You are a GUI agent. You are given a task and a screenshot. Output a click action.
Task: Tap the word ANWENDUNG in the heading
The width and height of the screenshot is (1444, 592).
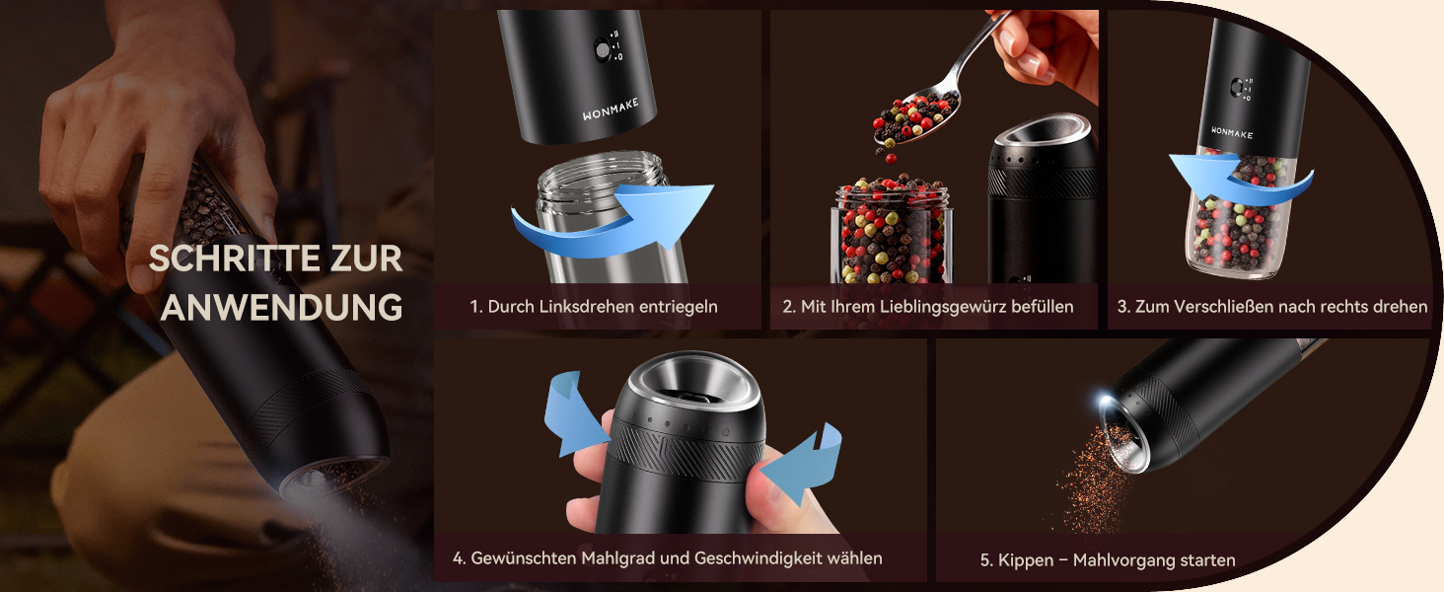tap(282, 307)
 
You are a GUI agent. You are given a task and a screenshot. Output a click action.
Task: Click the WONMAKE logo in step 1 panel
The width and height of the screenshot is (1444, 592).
tap(610, 110)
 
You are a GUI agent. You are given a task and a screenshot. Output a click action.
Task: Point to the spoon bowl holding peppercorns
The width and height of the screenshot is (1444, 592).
tap(916, 117)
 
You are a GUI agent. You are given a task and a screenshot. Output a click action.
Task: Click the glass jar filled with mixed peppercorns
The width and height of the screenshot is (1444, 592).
tap(893, 232)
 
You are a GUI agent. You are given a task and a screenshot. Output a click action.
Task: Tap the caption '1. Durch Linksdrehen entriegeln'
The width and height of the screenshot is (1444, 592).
tap(594, 306)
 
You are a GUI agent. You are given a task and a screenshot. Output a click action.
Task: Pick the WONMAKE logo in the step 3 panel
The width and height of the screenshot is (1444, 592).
tap(1232, 133)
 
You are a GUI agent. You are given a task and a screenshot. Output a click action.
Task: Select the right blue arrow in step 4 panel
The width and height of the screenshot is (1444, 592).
tap(803, 461)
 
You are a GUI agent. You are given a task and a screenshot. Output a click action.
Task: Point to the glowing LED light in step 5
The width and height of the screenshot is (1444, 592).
tap(1104, 402)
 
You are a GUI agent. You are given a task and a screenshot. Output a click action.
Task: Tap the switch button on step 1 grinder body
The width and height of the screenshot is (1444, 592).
tap(602, 49)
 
